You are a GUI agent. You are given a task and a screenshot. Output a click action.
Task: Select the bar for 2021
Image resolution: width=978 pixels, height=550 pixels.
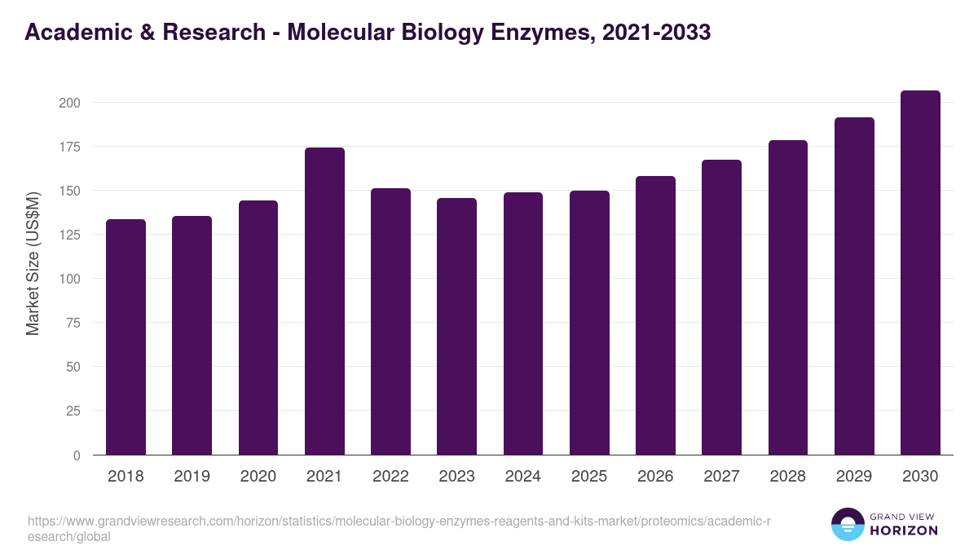tap(324, 301)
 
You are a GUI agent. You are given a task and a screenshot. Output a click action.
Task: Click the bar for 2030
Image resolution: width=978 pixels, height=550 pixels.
tap(920, 273)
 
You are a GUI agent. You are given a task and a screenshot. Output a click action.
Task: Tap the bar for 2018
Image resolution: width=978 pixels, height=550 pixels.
tap(126, 337)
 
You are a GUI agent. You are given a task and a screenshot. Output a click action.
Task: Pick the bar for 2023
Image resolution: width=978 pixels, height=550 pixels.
tap(456, 327)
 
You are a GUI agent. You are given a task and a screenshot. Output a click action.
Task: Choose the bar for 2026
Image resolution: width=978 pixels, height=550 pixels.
tap(655, 315)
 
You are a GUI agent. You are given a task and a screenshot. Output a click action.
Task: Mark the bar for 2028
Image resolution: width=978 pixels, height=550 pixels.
tap(788, 297)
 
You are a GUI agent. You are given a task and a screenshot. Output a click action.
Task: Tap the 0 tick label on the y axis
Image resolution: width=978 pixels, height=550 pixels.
tap(77, 455)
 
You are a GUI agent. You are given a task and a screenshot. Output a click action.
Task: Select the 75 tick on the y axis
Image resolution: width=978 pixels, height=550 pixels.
tap(73, 323)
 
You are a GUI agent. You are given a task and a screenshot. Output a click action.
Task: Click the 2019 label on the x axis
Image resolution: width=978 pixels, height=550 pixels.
tap(192, 477)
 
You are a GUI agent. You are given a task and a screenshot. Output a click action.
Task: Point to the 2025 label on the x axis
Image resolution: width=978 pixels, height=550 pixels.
tap(589, 477)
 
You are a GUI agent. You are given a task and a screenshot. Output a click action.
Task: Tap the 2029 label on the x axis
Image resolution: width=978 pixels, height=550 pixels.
tap(854, 477)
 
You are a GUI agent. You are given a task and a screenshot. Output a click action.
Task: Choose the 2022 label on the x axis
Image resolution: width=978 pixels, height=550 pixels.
tap(390, 477)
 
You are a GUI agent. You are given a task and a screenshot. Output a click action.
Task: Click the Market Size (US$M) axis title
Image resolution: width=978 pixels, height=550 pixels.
tap(33, 263)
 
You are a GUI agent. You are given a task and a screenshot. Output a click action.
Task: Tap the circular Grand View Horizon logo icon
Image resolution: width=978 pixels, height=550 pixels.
tap(848, 524)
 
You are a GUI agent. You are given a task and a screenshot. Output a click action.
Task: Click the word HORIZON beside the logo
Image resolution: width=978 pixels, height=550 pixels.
tap(904, 530)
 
